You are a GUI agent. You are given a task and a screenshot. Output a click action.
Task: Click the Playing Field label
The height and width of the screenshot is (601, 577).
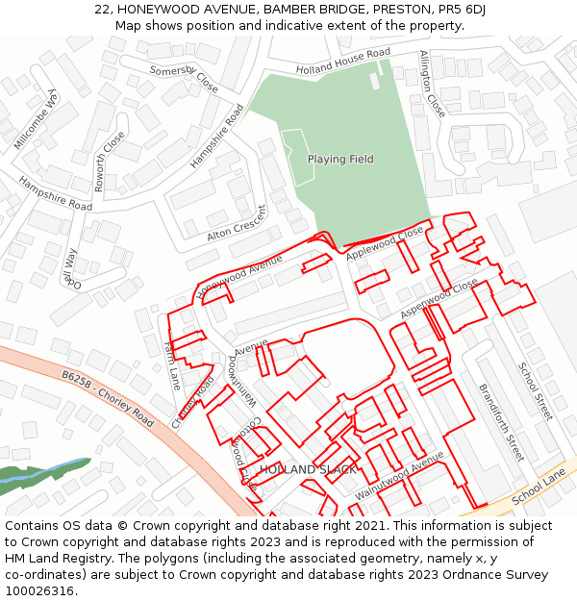coord(340,159)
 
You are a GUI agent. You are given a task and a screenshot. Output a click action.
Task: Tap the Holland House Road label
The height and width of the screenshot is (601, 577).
coord(343,61)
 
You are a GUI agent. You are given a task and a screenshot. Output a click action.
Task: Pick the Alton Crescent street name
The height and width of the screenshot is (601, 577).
coord(236,224)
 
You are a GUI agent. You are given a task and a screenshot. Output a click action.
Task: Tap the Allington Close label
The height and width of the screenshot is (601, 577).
coord(432,84)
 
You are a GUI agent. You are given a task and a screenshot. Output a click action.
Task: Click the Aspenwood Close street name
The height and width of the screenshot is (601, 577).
coord(439,299)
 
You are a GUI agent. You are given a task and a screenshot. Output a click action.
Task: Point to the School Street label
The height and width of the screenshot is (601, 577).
coord(536,390)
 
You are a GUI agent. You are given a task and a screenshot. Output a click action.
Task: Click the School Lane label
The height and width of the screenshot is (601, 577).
coord(539,488)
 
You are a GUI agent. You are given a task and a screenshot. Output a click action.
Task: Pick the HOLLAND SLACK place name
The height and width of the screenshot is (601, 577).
coord(308,469)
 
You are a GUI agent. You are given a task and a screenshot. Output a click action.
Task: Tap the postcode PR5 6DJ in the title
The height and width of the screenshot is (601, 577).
coord(460,9)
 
